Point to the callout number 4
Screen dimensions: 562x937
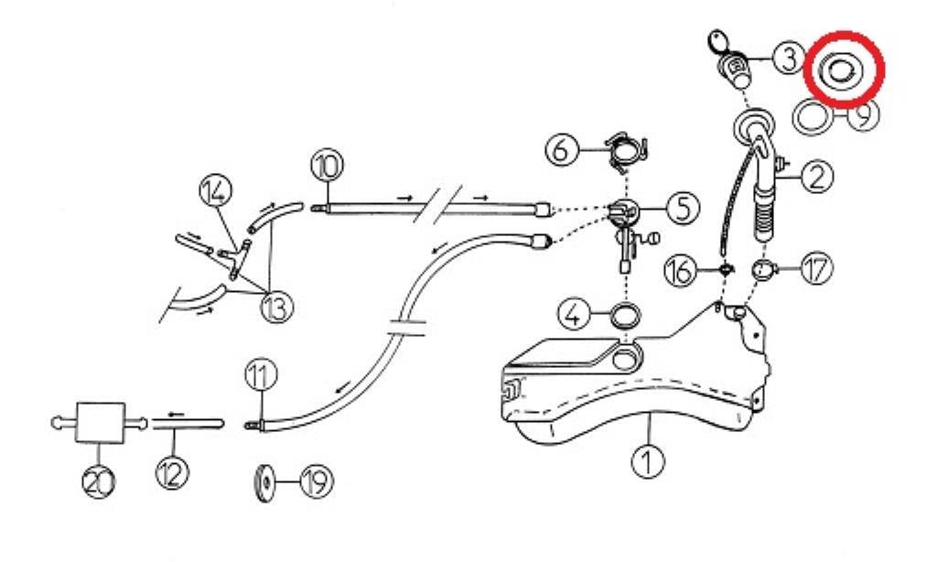point(574,317)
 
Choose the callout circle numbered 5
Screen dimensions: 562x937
point(682,209)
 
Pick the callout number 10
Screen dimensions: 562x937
point(327,166)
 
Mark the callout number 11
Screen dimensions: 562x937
point(259,375)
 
